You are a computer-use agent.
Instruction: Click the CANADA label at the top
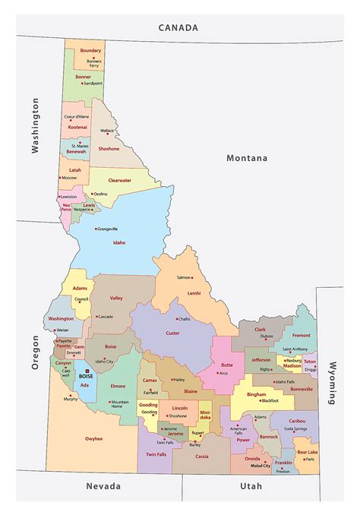178,27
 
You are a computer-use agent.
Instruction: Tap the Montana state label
247,158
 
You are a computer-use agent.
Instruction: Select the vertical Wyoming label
332,382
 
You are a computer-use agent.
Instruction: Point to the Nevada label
103,486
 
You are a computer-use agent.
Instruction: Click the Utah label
251,486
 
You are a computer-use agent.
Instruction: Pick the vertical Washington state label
34,125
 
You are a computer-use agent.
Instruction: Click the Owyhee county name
93,438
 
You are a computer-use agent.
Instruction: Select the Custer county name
172,333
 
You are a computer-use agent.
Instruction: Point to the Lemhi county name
194,292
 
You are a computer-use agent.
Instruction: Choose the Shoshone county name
109,149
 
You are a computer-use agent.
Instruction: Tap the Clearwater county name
120,180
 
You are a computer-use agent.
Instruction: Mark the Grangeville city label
107,229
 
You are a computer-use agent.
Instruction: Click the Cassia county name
202,457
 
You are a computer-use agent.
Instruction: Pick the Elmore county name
118,386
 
